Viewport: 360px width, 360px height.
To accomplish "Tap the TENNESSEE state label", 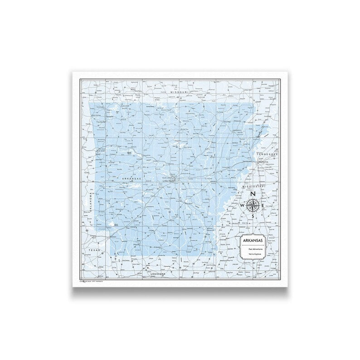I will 268,155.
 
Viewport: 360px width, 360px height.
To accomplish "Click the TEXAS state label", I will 94,250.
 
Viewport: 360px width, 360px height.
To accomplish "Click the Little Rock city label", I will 168,180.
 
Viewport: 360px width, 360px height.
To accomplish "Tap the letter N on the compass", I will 253,194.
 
